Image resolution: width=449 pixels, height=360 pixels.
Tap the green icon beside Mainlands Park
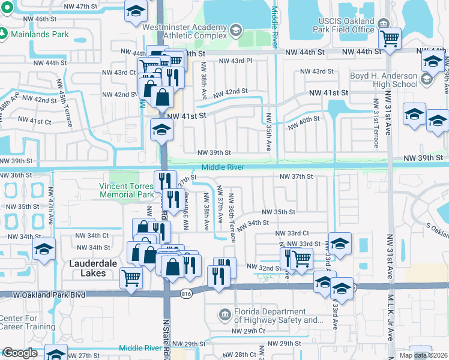click(5, 34)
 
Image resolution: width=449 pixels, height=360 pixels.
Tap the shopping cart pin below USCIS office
click(391, 39)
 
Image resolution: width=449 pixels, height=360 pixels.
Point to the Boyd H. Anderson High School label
click(384, 80)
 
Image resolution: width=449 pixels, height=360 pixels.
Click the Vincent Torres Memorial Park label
click(127, 190)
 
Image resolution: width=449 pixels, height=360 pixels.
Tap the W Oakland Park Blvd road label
click(43, 295)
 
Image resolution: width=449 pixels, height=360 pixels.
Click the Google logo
click(20, 353)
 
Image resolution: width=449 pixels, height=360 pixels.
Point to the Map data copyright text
click(423, 355)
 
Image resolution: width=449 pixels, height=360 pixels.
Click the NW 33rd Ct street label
click(292, 233)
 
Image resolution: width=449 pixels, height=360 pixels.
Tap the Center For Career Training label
click(28, 322)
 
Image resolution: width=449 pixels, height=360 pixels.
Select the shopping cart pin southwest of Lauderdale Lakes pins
click(131, 278)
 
